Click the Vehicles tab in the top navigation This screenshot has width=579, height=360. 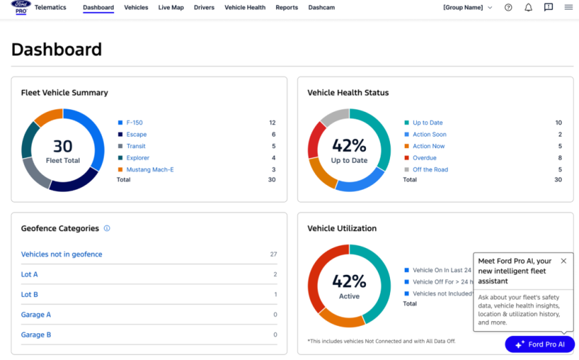[x=136, y=7]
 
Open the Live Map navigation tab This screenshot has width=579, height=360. [x=171, y=7]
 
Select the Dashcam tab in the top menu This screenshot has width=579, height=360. [x=321, y=7]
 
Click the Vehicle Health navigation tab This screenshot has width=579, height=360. [x=245, y=7]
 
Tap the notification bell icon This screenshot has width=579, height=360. [x=528, y=7]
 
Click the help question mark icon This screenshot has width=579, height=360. [x=508, y=7]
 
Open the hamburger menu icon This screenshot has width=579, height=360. [x=568, y=7]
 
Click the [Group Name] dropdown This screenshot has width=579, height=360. [x=467, y=7]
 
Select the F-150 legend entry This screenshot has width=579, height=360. [x=134, y=123]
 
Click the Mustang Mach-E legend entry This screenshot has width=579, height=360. [x=149, y=170]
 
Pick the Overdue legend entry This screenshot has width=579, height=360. [x=424, y=158]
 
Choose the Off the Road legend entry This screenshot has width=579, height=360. [x=430, y=170]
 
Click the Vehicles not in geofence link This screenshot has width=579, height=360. [x=62, y=254]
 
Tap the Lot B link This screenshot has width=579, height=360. [x=29, y=294]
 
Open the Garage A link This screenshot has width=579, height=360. [x=36, y=314]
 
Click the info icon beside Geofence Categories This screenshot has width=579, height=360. [x=107, y=229]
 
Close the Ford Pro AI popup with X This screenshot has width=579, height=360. [x=563, y=261]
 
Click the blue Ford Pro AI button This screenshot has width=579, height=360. [x=539, y=345]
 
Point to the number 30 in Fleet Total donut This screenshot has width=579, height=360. [x=62, y=146]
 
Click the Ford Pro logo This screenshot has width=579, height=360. [x=21, y=7]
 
